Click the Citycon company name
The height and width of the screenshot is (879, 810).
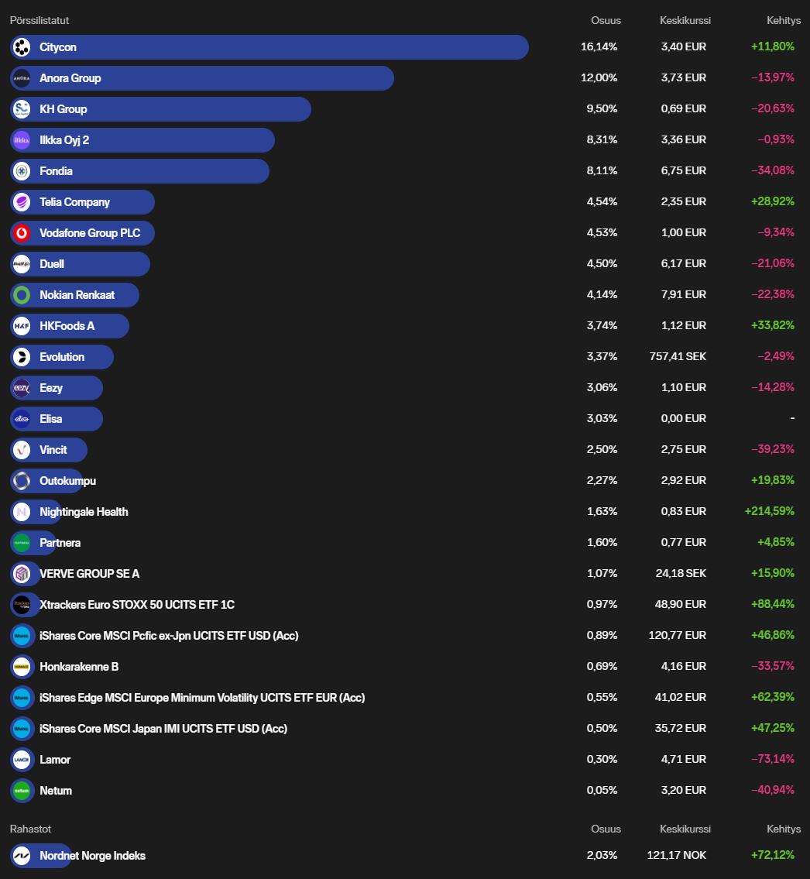pos(58,47)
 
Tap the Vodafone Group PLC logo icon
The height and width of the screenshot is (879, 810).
pos(22,233)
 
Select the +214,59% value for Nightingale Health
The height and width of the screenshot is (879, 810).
pos(769,512)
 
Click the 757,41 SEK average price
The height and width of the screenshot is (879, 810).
pos(678,357)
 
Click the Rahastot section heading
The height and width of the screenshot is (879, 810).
pos(30,829)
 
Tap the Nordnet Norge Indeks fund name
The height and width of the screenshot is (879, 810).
pos(92,856)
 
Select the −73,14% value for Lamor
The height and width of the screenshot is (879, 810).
pos(772,760)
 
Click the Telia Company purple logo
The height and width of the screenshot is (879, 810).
pos(22,202)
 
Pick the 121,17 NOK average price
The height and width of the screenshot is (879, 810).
pos(676,856)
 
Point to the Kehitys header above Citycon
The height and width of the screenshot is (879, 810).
pos(784,21)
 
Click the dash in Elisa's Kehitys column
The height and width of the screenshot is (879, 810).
pos(792,419)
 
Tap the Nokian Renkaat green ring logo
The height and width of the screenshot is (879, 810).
pos(22,295)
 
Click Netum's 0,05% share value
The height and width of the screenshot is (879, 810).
pos(602,791)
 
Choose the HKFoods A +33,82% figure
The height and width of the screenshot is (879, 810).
pos(772,326)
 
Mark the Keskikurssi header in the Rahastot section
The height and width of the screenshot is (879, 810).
pos(685,829)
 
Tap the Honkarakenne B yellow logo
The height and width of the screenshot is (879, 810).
pos(22,667)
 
